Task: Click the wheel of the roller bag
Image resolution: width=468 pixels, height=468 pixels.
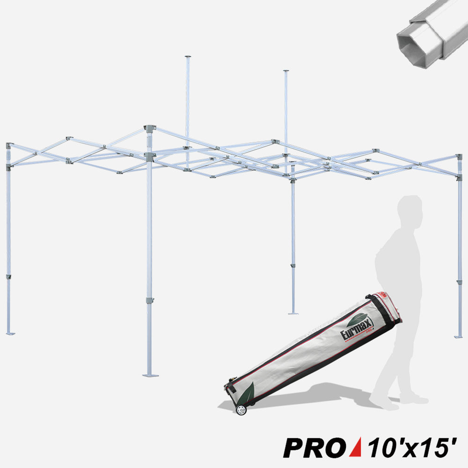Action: (x=241, y=410)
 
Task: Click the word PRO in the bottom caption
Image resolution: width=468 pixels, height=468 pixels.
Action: (x=314, y=447)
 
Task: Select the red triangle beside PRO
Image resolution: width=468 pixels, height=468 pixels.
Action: (x=355, y=447)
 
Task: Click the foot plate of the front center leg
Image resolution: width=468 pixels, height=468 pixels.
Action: (x=150, y=375)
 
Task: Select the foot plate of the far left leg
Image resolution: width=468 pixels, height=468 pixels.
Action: (x=10, y=333)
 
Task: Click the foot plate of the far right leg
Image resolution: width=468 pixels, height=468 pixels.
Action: (x=458, y=336)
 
